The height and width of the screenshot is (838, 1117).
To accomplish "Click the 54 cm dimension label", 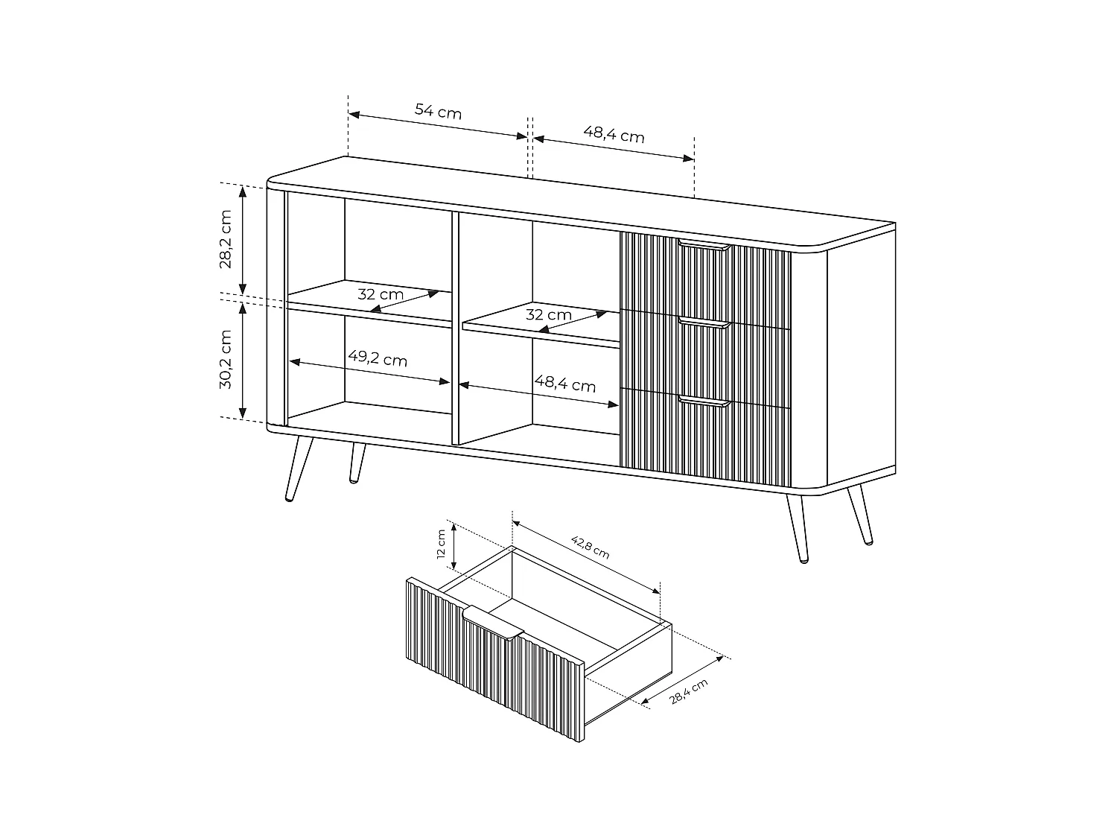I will [x=438, y=112].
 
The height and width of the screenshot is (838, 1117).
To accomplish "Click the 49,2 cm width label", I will [x=378, y=358].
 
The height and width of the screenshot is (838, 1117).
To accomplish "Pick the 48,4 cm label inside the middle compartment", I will [x=565, y=384].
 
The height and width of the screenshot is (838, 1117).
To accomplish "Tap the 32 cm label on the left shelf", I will [x=381, y=293].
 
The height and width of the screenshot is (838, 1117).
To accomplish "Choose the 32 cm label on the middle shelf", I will [x=549, y=314].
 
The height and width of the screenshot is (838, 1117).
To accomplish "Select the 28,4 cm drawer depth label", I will [x=689, y=692].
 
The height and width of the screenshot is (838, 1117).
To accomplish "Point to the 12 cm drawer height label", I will [x=441, y=544].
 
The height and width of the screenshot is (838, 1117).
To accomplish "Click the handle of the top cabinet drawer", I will [x=704, y=245].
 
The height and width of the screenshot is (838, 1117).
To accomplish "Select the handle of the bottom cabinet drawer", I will [x=704, y=402].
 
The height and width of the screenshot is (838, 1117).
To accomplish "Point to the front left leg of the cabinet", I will [x=299, y=469].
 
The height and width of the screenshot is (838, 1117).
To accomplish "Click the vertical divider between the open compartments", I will [x=456, y=328].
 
